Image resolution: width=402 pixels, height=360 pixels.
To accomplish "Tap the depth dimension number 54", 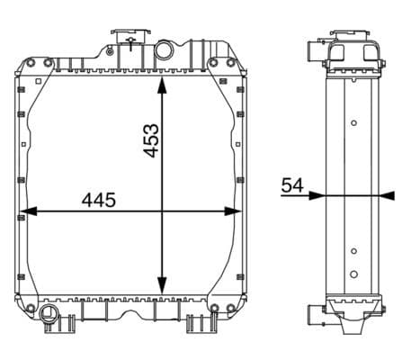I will point(292,184).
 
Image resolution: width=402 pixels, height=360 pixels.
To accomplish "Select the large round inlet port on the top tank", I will point(164,48).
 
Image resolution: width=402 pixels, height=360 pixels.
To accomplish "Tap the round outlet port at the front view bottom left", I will point(48,314).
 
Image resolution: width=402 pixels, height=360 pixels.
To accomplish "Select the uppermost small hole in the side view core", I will point(353,123).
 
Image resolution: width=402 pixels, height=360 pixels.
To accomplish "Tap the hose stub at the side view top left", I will point(308,52).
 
